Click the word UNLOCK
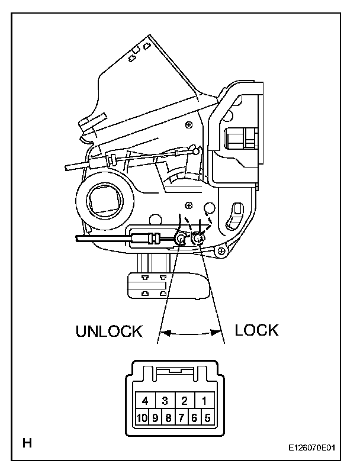tap(109, 331)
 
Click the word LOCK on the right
tap(256, 330)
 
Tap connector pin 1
tap(204, 400)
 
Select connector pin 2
tap(184, 400)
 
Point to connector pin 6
tap(195, 417)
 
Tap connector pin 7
tap(182, 417)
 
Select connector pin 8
tap(168, 417)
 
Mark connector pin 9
tap(155, 417)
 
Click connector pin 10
tap(142, 417)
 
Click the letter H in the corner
tap(27, 442)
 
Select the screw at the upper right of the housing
tap(188, 124)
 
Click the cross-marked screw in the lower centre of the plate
tap(188, 205)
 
